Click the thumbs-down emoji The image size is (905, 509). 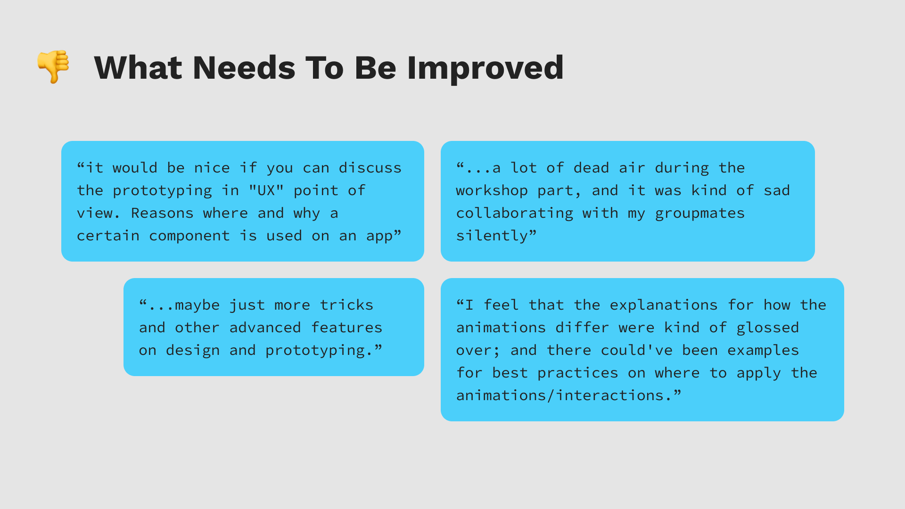53,66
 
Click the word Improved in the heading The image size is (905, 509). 485,68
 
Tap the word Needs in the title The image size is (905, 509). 244,67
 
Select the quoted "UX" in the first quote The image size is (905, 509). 266,190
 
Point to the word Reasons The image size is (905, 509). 162,213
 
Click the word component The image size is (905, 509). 189,236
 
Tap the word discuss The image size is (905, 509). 370,167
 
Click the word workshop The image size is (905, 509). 492,191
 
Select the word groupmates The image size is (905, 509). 700,213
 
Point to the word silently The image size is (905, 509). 492,236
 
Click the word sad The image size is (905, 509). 777,190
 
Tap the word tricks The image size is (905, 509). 346,304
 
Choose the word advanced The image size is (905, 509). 265,327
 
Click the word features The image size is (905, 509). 346,327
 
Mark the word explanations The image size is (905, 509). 664,305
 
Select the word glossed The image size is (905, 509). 768,328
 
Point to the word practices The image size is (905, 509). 578,373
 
